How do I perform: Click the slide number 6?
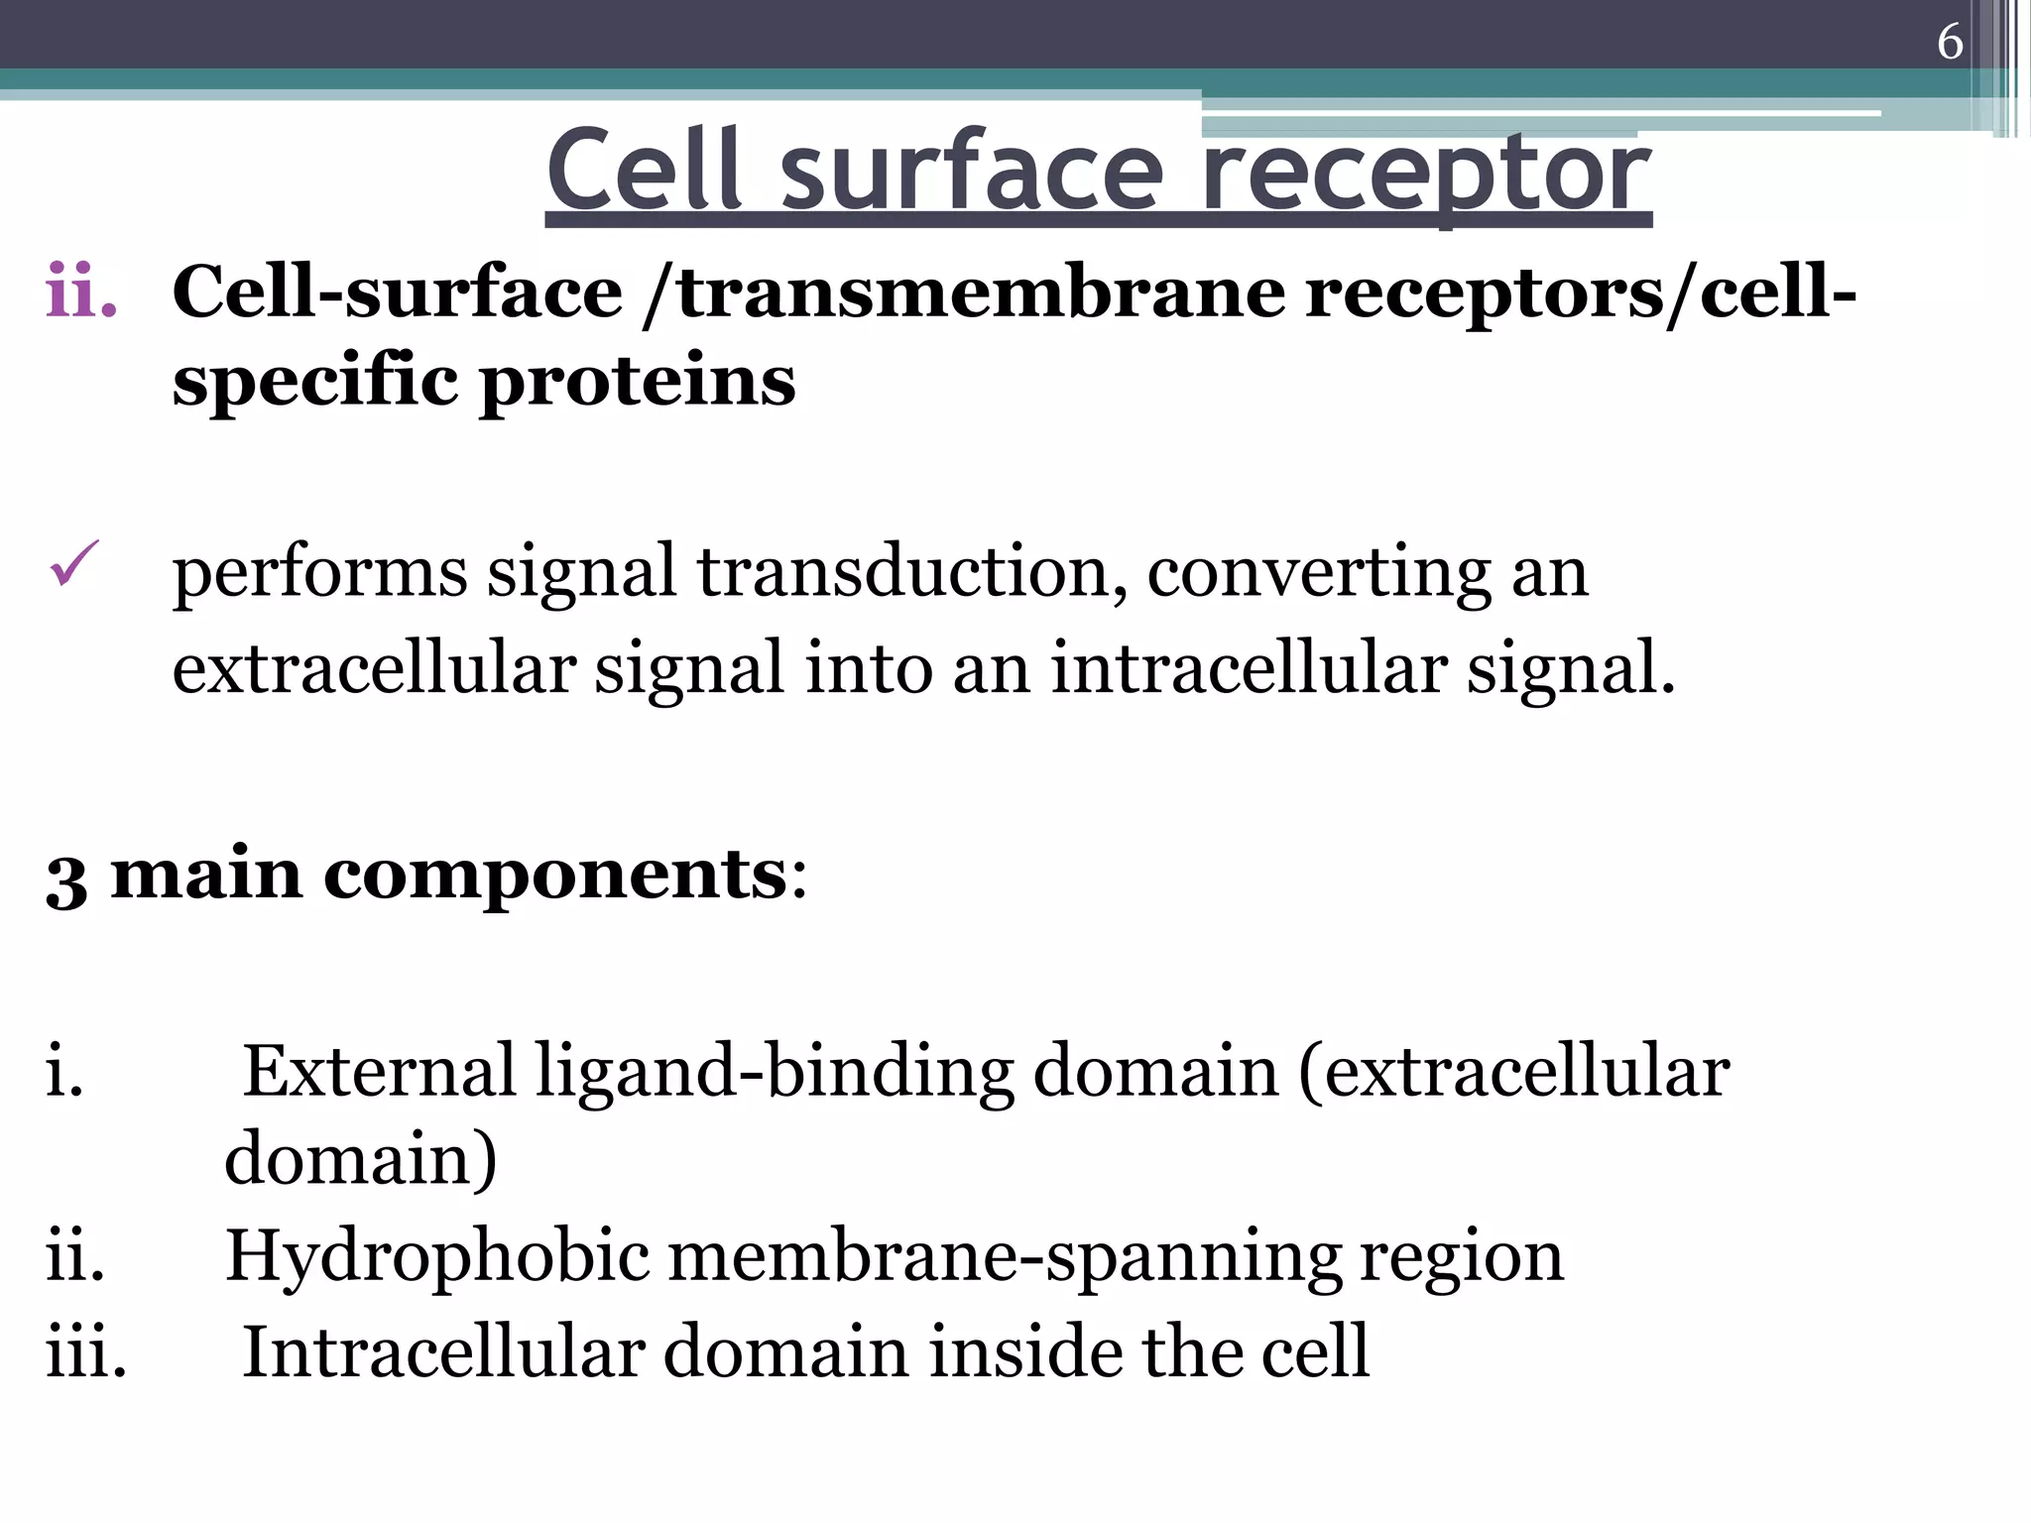point(1950,43)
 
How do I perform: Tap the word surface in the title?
point(971,173)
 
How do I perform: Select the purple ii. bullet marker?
point(81,293)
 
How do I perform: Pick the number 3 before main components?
point(66,879)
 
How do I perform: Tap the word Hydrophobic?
point(436,1257)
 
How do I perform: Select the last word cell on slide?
point(1314,1351)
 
